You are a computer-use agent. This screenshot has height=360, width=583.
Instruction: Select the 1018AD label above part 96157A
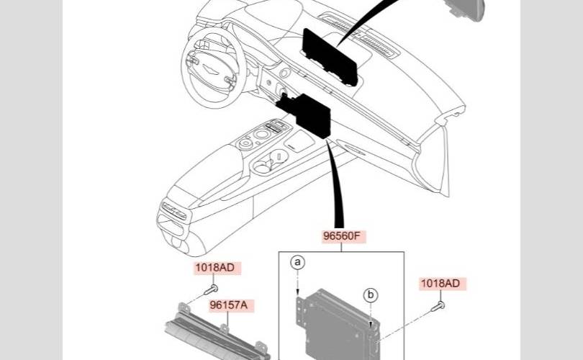pyautogui.click(x=214, y=268)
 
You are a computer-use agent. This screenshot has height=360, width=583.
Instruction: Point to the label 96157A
pyautogui.click(x=229, y=305)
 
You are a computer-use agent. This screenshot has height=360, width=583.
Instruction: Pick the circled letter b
pyautogui.click(x=371, y=294)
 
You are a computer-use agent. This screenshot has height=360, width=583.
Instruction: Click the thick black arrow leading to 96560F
pyautogui.click(x=336, y=187)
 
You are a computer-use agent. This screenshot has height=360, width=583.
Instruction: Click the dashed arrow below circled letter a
pyautogui.click(x=297, y=282)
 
